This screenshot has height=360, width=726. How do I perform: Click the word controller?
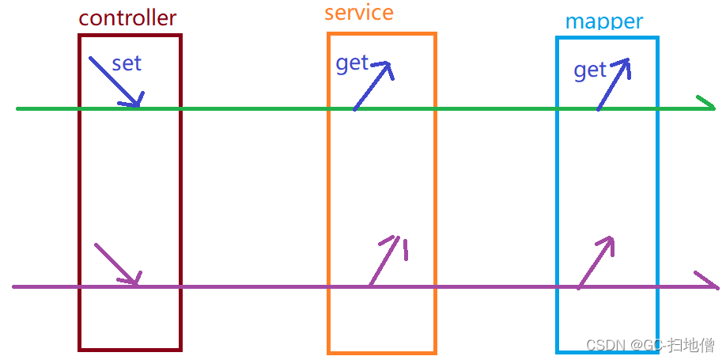[127, 17]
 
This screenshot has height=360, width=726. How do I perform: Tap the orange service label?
[358, 13]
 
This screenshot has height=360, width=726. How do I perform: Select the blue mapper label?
[603, 21]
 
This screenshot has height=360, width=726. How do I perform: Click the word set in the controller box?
[127, 63]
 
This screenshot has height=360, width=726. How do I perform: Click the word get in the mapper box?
[589, 70]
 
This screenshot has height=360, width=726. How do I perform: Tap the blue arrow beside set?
[115, 81]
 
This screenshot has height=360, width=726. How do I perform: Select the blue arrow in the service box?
[373, 85]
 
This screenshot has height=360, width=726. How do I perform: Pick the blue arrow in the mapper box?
[614, 84]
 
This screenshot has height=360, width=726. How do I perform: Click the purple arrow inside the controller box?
[117, 264]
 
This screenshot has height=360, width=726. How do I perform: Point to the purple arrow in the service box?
[385, 260]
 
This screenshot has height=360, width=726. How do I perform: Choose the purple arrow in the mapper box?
[596, 261]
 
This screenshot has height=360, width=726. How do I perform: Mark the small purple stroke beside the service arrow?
[406, 251]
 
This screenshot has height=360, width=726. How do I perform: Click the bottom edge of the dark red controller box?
[130, 348]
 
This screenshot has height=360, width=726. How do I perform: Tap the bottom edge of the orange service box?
[381, 351]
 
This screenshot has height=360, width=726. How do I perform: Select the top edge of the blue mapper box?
[607, 37]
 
